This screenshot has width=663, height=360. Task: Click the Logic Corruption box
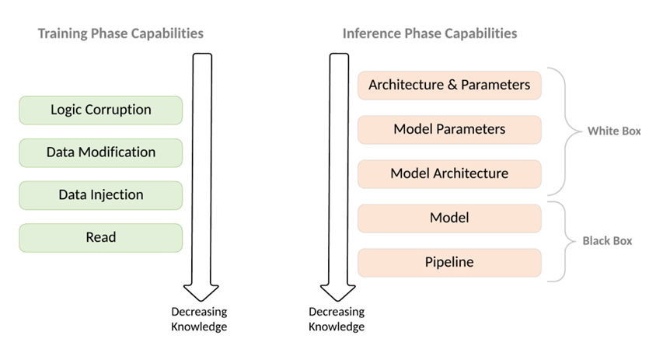100,110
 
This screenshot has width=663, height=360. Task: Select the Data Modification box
100,152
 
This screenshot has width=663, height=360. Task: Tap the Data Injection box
100,195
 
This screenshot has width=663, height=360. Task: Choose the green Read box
100,238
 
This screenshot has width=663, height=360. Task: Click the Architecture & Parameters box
449,85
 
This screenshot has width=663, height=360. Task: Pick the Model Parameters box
449,129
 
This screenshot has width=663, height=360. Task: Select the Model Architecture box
449,173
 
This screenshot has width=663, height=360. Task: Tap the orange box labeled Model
449,218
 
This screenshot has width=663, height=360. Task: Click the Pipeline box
449,263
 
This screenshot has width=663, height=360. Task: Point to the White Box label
614,131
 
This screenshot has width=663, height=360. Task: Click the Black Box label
607,241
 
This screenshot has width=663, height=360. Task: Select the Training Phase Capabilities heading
120,33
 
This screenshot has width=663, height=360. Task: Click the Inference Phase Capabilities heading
430,33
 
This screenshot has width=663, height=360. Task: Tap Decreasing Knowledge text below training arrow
199,319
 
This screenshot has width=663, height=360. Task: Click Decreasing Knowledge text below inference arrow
337,319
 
